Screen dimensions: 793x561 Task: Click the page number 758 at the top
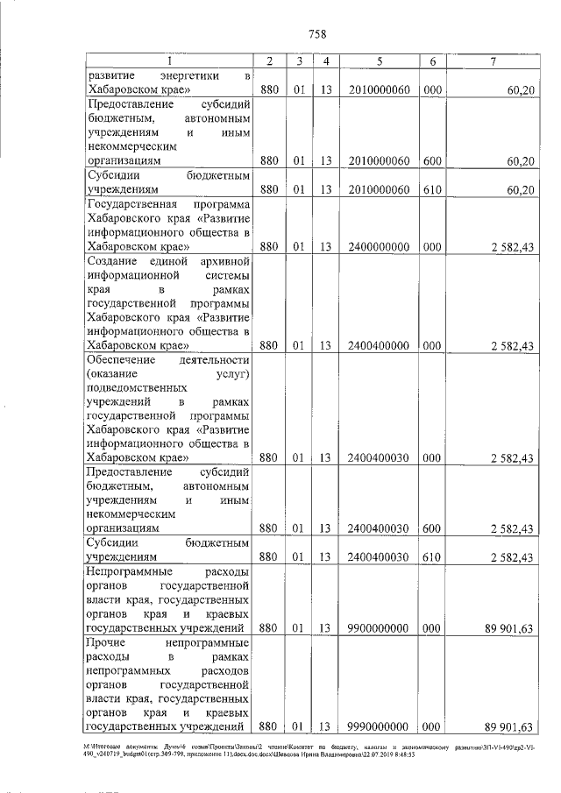tap(318, 33)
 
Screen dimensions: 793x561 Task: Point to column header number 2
tap(269, 60)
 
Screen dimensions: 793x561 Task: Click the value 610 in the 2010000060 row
tap(432, 189)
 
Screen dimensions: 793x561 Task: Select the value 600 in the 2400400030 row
tap(432, 527)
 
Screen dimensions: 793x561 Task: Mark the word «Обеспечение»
tap(123, 360)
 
